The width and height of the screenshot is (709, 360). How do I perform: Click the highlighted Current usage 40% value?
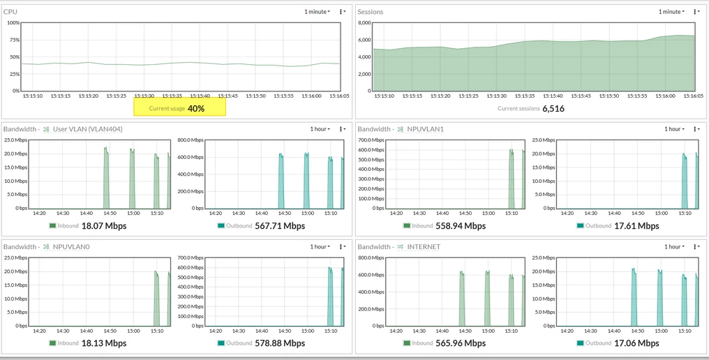point(196,109)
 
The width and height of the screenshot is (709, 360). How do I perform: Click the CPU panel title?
point(10,11)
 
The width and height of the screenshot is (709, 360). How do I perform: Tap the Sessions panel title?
point(371,12)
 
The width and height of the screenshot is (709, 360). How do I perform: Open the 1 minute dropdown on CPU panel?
point(317,11)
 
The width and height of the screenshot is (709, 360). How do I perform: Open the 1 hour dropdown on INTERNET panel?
point(674,246)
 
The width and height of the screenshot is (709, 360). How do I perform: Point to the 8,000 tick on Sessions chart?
point(364,22)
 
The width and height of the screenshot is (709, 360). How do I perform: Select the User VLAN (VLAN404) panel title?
point(88,129)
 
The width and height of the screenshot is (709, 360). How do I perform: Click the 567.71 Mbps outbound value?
point(280,225)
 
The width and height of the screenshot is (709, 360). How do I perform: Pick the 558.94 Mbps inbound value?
point(461,225)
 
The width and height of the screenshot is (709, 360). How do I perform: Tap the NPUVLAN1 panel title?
point(426,129)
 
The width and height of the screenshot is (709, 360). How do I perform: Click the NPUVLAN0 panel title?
point(71,247)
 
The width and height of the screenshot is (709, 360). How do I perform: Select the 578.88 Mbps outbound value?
point(280,343)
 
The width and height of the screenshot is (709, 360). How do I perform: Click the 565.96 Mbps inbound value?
point(461,343)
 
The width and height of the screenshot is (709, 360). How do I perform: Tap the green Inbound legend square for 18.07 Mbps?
point(52,225)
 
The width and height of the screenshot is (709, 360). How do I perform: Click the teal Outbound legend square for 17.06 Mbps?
point(580,343)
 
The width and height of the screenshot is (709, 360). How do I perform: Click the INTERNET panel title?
point(424,247)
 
